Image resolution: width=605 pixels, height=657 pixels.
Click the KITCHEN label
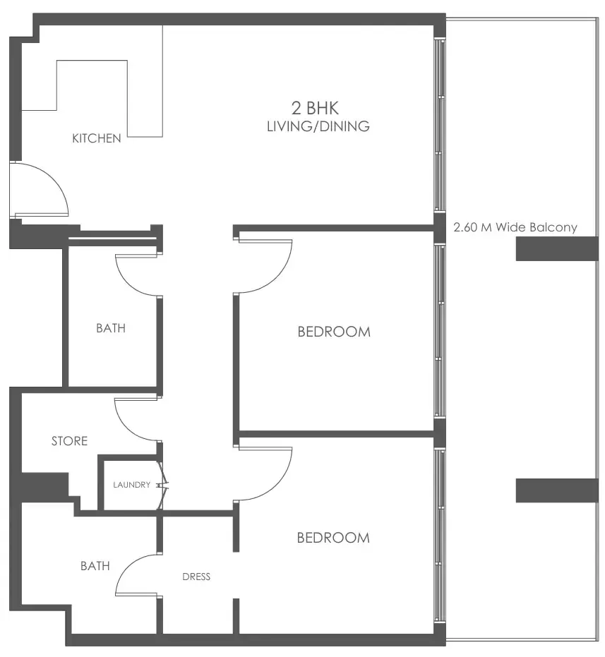pyautogui.click(x=97, y=138)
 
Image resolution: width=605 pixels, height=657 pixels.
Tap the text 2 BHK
pyautogui.click(x=315, y=109)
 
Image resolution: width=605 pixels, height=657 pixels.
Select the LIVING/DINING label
pyautogui.click(x=318, y=127)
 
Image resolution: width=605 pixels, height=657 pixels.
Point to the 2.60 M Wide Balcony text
pyautogui.click(x=515, y=227)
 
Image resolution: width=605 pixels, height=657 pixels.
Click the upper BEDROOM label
pyautogui.click(x=334, y=332)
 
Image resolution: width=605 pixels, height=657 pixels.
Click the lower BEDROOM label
pyautogui.click(x=333, y=538)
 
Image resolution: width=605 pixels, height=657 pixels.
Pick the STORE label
pyautogui.click(x=70, y=441)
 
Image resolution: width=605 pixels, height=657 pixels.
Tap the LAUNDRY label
pyautogui.click(x=131, y=485)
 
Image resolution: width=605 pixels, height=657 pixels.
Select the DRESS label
pyautogui.click(x=196, y=577)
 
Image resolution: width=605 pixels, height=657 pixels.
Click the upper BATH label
pyautogui.click(x=111, y=328)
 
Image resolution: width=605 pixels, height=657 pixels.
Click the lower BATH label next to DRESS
pyautogui.click(x=95, y=566)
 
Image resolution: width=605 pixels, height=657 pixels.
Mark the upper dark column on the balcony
pyautogui.click(x=557, y=249)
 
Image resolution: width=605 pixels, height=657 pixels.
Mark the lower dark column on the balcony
pyautogui.click(x=557, y=490)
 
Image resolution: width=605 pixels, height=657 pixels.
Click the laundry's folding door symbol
pyautogui.click(x=164, y=485)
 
